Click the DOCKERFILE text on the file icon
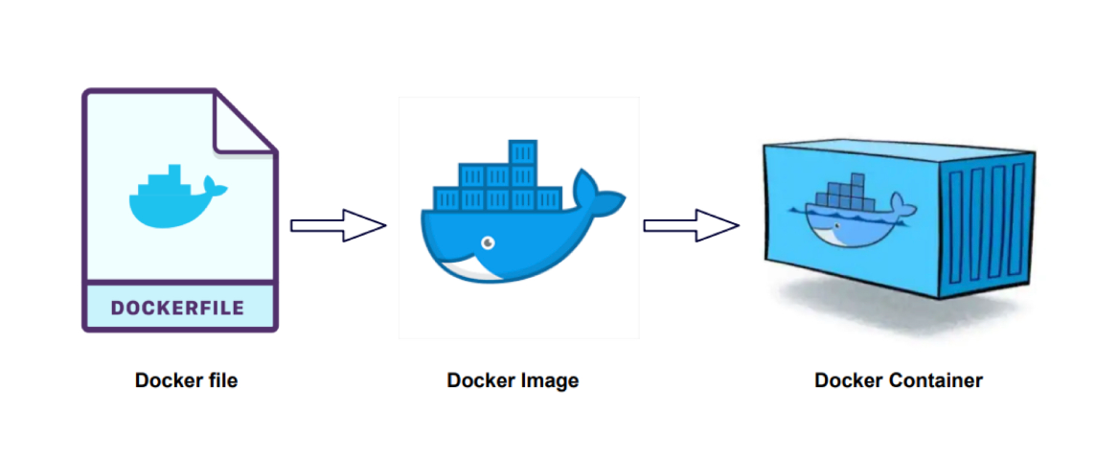click(178, 308)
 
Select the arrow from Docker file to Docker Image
click(337, 226)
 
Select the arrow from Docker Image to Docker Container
click(690, 226)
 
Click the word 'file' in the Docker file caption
click(219, 380)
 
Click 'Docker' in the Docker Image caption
click(482, 380)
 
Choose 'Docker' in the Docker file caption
click(167, 380)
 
